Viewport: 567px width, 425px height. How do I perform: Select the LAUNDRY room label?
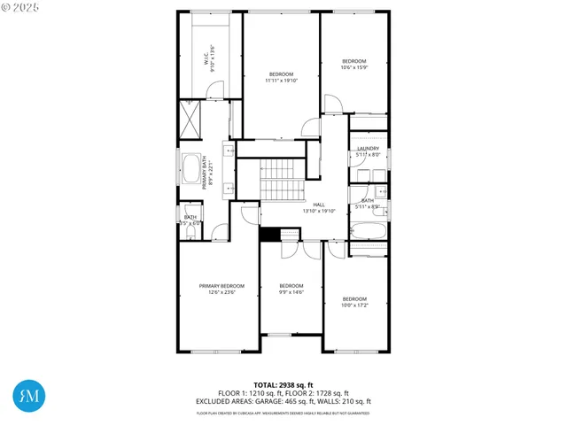coord(368,149)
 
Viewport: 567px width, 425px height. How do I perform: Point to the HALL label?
coord(319,205)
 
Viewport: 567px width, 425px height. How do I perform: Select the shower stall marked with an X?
coord(190,116)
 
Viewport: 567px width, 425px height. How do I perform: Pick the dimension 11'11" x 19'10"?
coord(282,81)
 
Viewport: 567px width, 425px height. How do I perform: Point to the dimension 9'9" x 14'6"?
coord(291,292)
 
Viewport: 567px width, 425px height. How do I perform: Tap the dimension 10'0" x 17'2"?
coord(354,305)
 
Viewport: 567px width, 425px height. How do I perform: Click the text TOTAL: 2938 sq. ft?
coord(283,384)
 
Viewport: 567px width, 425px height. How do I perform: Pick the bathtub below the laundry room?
coord(369,233)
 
